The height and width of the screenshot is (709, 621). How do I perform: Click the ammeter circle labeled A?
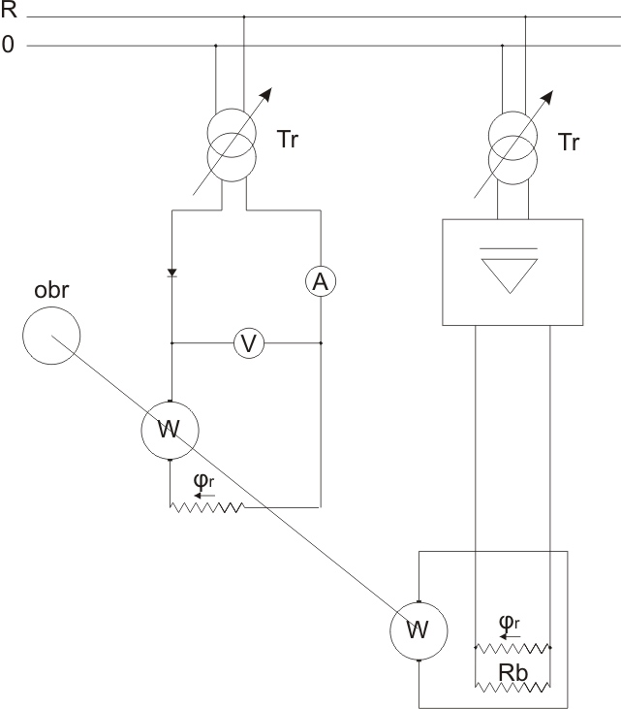(320, 281)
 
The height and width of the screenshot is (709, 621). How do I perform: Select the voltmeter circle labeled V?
(248, 342)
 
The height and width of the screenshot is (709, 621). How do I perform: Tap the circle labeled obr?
(51, 336)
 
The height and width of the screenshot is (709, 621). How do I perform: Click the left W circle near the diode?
(170, 429)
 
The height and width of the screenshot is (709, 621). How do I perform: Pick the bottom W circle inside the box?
(418, 630)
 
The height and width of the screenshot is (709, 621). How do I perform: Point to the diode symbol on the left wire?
(171, 274)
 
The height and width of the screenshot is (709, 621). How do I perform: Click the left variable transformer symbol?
(230, 141)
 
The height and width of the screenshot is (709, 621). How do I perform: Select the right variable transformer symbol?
(512, 142)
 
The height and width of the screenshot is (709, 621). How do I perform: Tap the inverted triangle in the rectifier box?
(512, 274)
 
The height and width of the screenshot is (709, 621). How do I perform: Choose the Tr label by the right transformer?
(570, 143)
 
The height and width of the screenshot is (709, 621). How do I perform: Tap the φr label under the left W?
(203, 482)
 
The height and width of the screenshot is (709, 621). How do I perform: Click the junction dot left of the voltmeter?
(171, 342)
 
